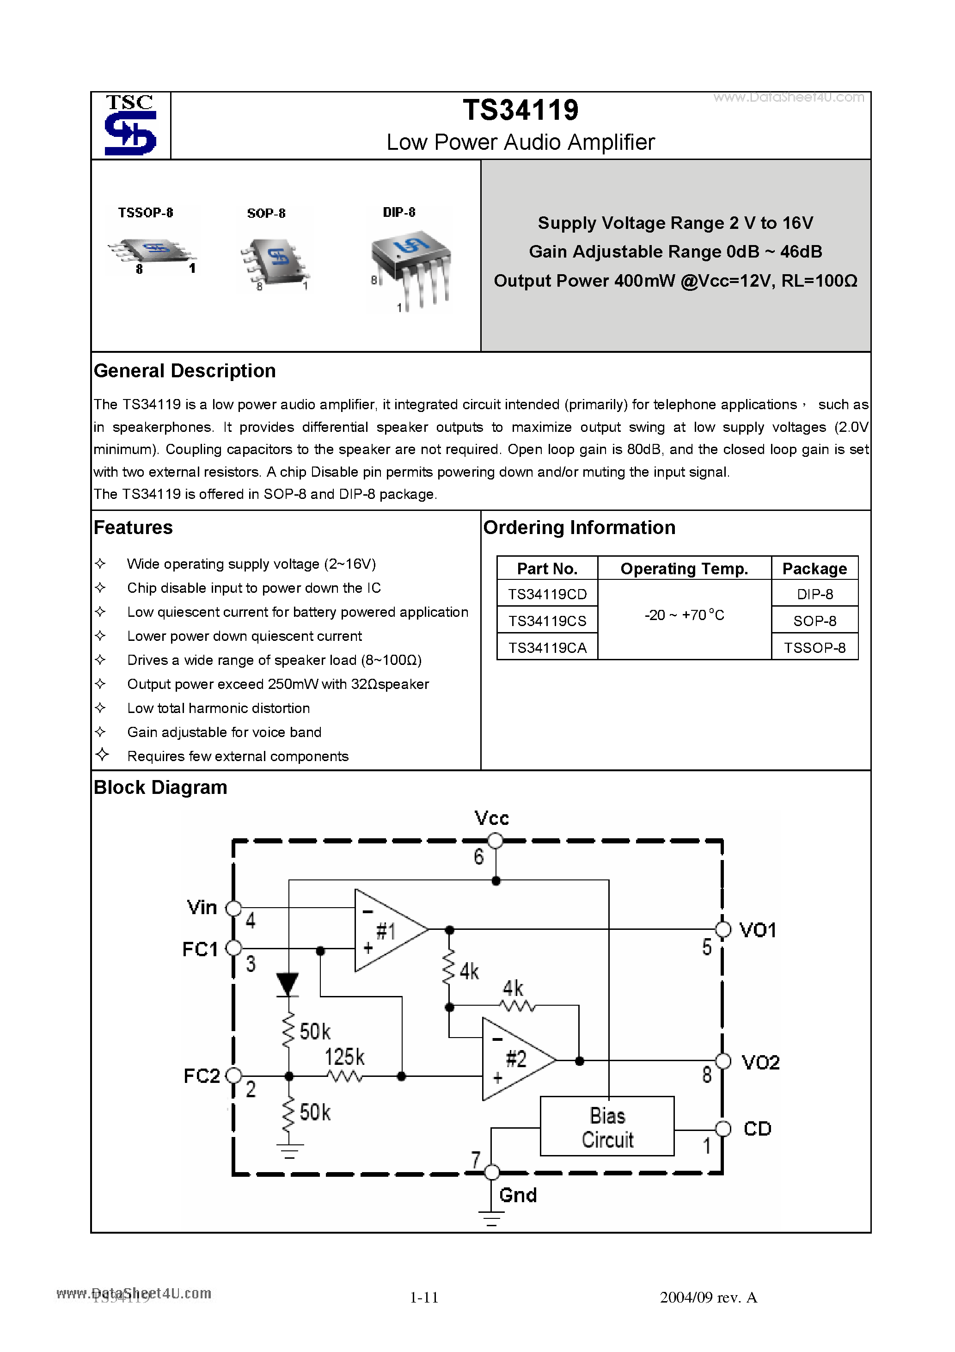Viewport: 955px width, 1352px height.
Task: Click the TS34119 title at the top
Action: pyautogui.click(x=520, y=110)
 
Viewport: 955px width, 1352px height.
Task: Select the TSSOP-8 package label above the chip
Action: pyautogui.click(x=146, y=213)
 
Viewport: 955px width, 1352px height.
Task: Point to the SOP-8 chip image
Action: pyautogui.click(x=275, y=262)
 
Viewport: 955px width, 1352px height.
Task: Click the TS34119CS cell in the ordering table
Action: pyautogui.click(x=547, y=621)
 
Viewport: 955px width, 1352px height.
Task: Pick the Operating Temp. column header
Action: pyautogui.click(x=684, y=569)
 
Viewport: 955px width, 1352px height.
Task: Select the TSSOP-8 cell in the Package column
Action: pyautogui.click(x=814, y=648)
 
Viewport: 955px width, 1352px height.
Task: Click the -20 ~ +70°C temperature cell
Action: pyautogui.click(x=684, y=615)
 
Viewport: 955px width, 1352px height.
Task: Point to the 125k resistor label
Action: pyautogui.click(x=344, y=1057)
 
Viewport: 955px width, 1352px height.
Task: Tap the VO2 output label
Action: pyautogui.click(x=760, y=1062)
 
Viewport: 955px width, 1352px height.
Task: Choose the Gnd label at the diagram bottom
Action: pyautogui.click(x=518, y=1195)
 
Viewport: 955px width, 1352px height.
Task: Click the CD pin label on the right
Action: pyautogui.click(x=757, y=1129)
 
